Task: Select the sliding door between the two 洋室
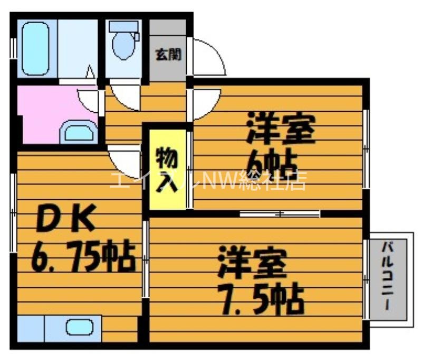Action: (x=280, y=213)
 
